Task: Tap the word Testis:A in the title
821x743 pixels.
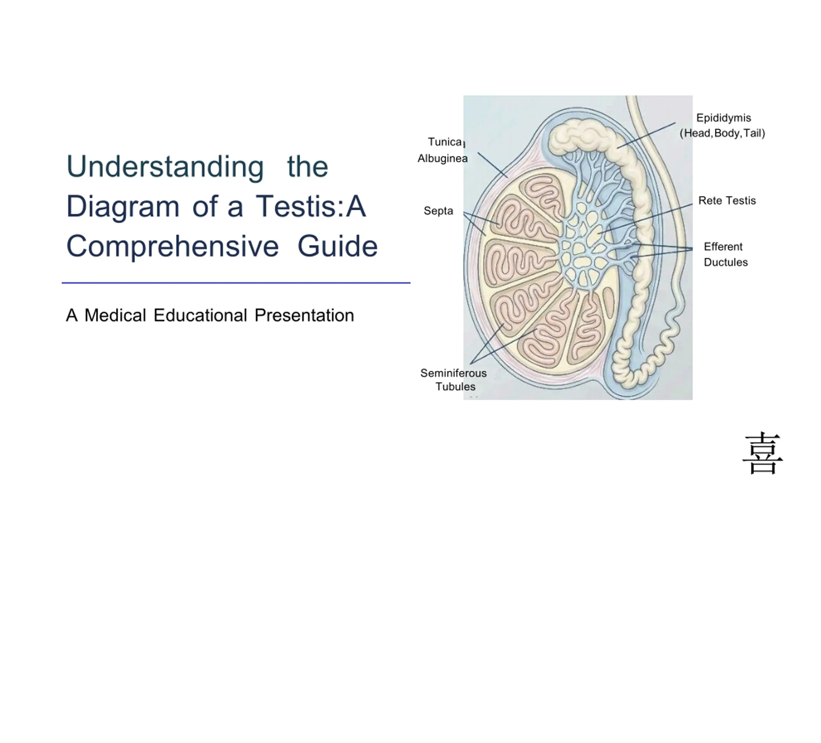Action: click(x=311, y=206)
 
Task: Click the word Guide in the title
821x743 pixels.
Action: click(x=338, y=246)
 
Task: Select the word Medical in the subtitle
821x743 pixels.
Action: click(x=115, y=315)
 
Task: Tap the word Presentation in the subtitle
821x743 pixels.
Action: click(x=304, y=315)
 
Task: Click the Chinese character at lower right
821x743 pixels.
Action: click(x=763, y=453)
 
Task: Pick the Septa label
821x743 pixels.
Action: click(x=438, y=211)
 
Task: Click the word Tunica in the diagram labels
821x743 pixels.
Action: click(x=445, y=142)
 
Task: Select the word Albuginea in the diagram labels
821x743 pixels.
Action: click(x=443, y=158)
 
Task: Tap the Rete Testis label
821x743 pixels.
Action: click(x=727, y=200)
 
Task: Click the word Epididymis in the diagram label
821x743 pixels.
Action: click(x=724, y=118)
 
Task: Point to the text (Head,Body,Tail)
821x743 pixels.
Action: click(x=723, y=133)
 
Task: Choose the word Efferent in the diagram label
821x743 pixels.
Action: click(x=723, y=247)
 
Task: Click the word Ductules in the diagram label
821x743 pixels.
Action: click(x=726, y=262)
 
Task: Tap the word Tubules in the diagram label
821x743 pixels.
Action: click(x=455, y=387)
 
